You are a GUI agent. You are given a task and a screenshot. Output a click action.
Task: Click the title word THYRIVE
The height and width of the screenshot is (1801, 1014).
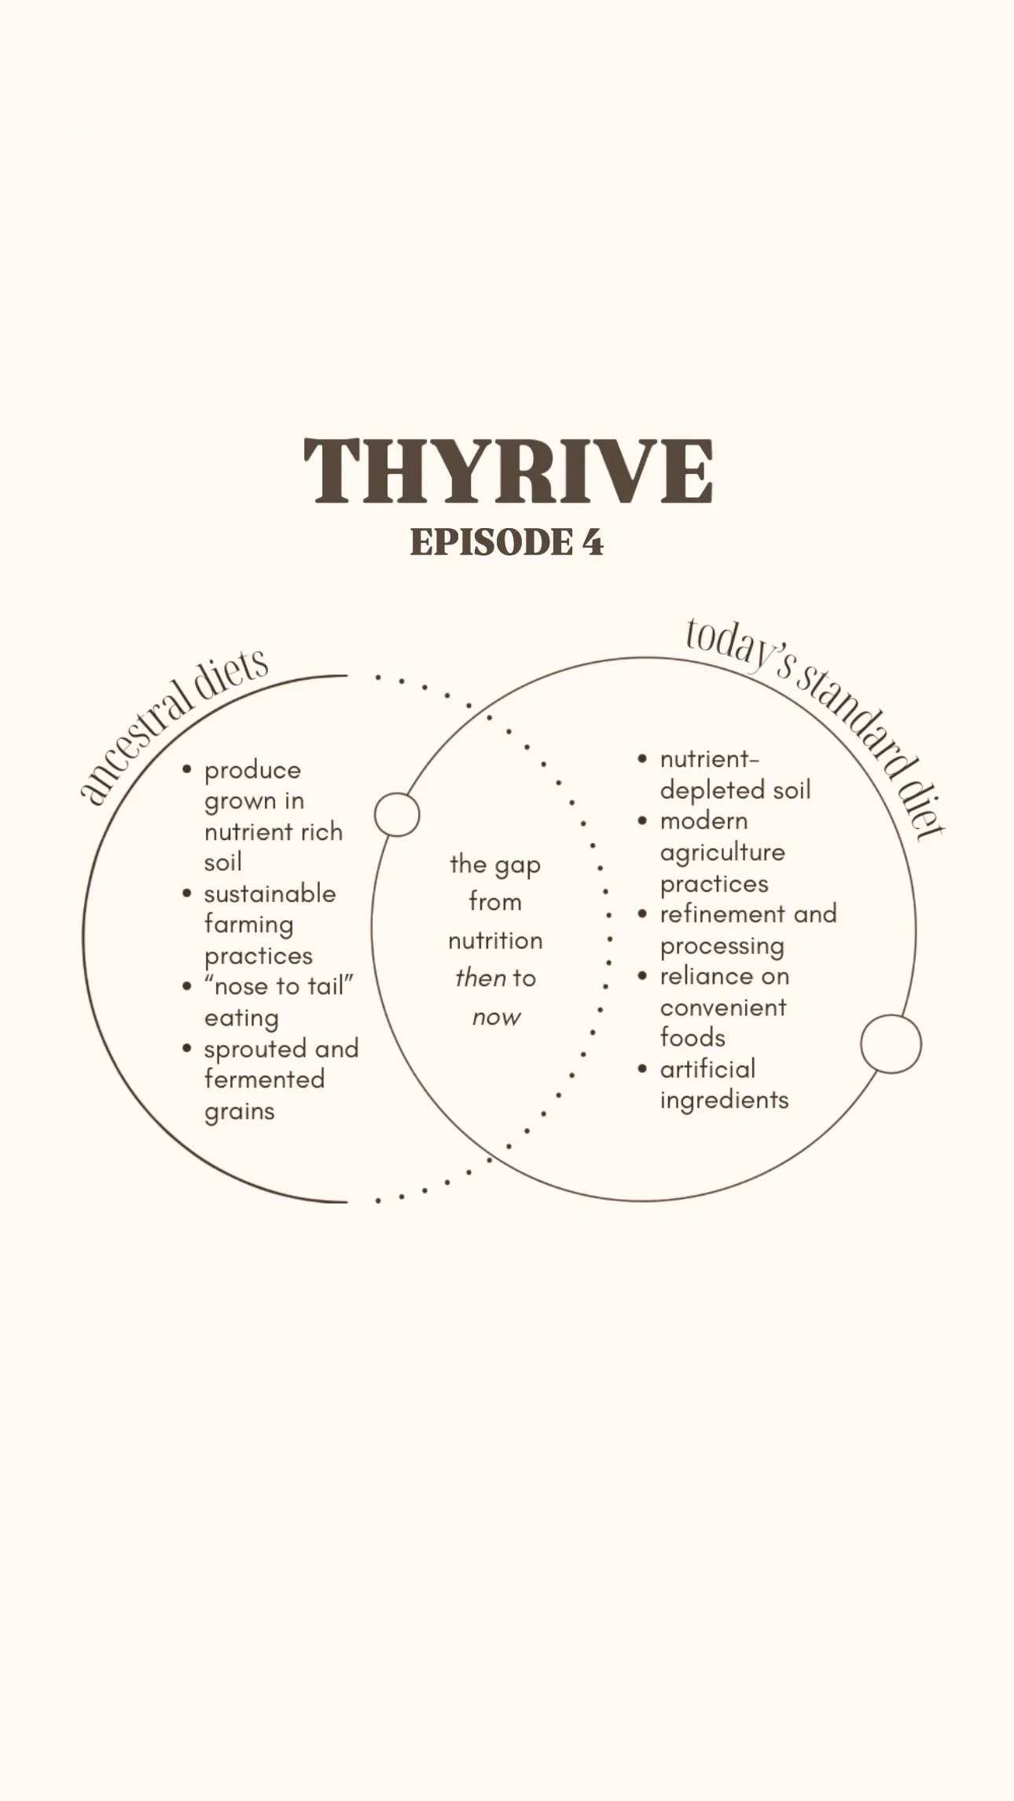507,471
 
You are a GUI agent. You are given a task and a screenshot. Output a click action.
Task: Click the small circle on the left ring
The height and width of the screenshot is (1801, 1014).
397,815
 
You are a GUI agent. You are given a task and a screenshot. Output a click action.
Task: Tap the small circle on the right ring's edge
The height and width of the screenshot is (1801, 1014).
890,1044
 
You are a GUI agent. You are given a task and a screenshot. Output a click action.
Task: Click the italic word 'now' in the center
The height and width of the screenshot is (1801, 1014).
496,1017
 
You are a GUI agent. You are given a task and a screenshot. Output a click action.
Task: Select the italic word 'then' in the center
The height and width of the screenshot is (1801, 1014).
480,978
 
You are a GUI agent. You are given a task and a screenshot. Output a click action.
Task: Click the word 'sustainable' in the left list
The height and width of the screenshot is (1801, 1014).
270,894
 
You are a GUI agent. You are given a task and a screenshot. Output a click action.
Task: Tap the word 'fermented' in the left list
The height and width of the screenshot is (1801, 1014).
264,1080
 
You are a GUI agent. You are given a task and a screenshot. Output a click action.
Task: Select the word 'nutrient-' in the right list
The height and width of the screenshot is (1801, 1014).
709,760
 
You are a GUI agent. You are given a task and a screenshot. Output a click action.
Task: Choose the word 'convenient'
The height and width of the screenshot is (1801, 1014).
723,1007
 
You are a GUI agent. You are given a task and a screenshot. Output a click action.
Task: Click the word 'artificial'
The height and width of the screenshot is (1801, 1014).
707,1069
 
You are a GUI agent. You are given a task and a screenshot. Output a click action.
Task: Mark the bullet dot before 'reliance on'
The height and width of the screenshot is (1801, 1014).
643,977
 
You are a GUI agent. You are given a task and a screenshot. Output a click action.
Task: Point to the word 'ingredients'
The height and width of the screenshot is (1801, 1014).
724,1100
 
